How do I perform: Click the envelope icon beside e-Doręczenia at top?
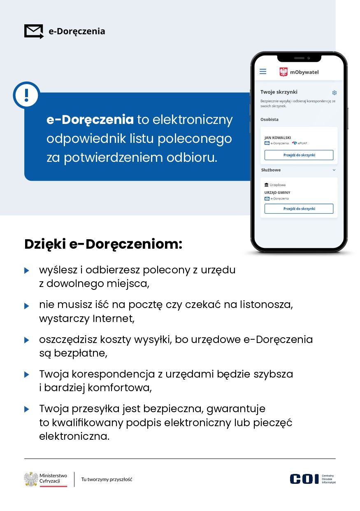click(x=34, y=31)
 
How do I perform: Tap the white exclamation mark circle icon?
click(x=27, y=95)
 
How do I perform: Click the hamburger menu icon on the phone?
click(x=263, y=72)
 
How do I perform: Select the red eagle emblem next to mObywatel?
click(x=283, y=72)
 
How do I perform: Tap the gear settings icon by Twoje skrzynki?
click(x=334, y=93)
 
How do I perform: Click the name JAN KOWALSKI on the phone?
click(x=278, y=138)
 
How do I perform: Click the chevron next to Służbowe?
click(x=334, y=170)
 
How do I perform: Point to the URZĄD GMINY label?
click(x=277, y=192)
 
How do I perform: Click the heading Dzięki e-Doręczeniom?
click(x=103, y=244)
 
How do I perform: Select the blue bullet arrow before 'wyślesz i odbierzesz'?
click(x=27, y=271)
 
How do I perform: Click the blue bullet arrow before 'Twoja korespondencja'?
click(x=27, y=375)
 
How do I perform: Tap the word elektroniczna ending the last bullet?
click(x=74, y=436)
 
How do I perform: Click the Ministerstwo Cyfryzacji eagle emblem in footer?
click(x=31, y=479)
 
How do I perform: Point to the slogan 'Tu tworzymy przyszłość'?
click(x=107, y=479)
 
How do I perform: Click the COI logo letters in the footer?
click(x=304, y=479)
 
